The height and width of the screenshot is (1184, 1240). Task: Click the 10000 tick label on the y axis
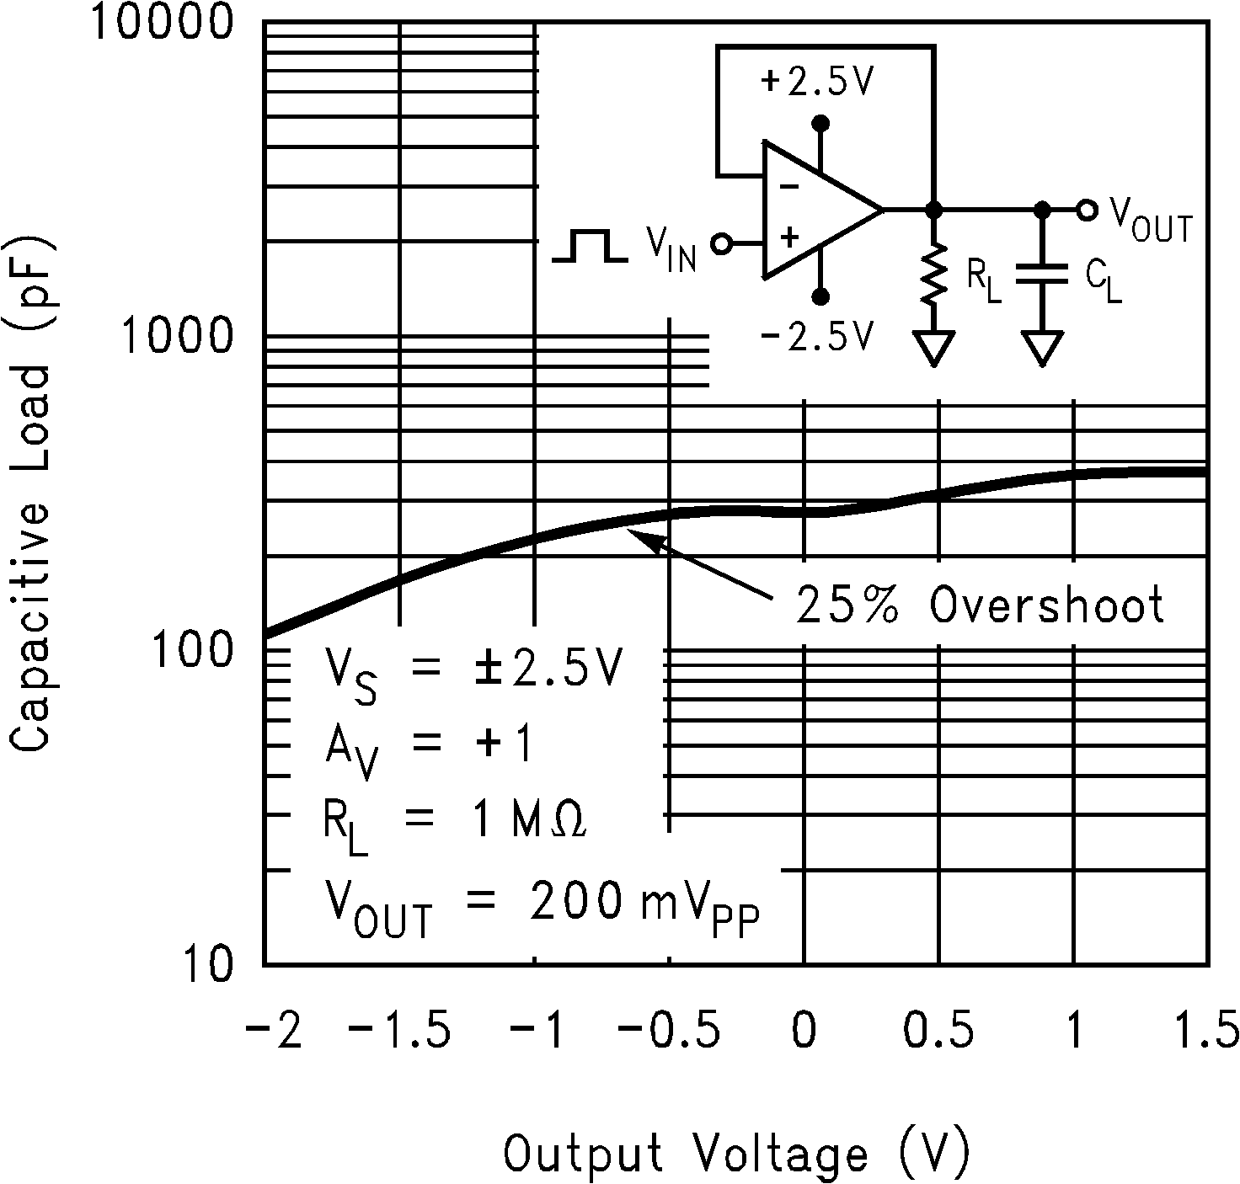click(160, 22)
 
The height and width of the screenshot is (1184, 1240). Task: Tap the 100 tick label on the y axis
click(191, 651)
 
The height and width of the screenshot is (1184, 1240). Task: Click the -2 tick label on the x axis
click(273, 1031)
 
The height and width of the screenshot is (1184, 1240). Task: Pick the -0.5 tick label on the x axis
click(669, 1031)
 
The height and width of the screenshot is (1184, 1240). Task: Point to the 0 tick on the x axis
click(804, 1031)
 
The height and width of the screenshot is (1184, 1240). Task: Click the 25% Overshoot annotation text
click(980, 603)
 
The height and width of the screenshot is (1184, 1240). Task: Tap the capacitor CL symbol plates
click(1042, 276)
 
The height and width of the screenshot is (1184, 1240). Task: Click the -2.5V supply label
click(816, 337)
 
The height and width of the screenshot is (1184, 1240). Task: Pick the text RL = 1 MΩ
click(455, 821)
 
